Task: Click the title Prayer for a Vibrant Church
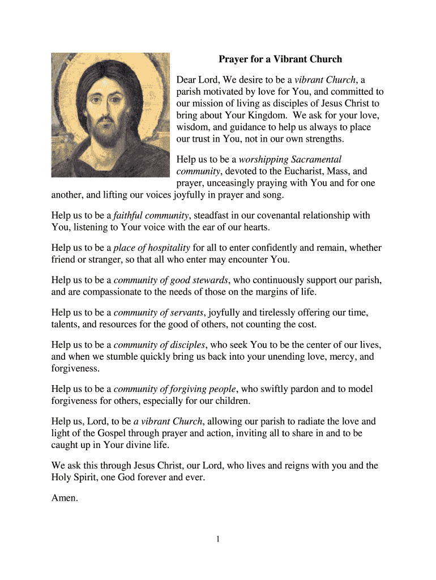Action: pyautogui.click(x=281, y=59)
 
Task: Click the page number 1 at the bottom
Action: pyautogui.click(x=217, y=539)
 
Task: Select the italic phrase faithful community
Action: pyautogui.click(x=151, y=215)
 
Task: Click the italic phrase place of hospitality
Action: pyautogui.click(x=152, y=248)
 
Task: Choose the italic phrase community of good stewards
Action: pyautogui.click(x=171, y=280)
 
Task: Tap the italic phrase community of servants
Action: pyautogui.click(x=160, y=312)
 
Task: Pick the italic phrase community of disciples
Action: pyautogui.click(x=160, y=344)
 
